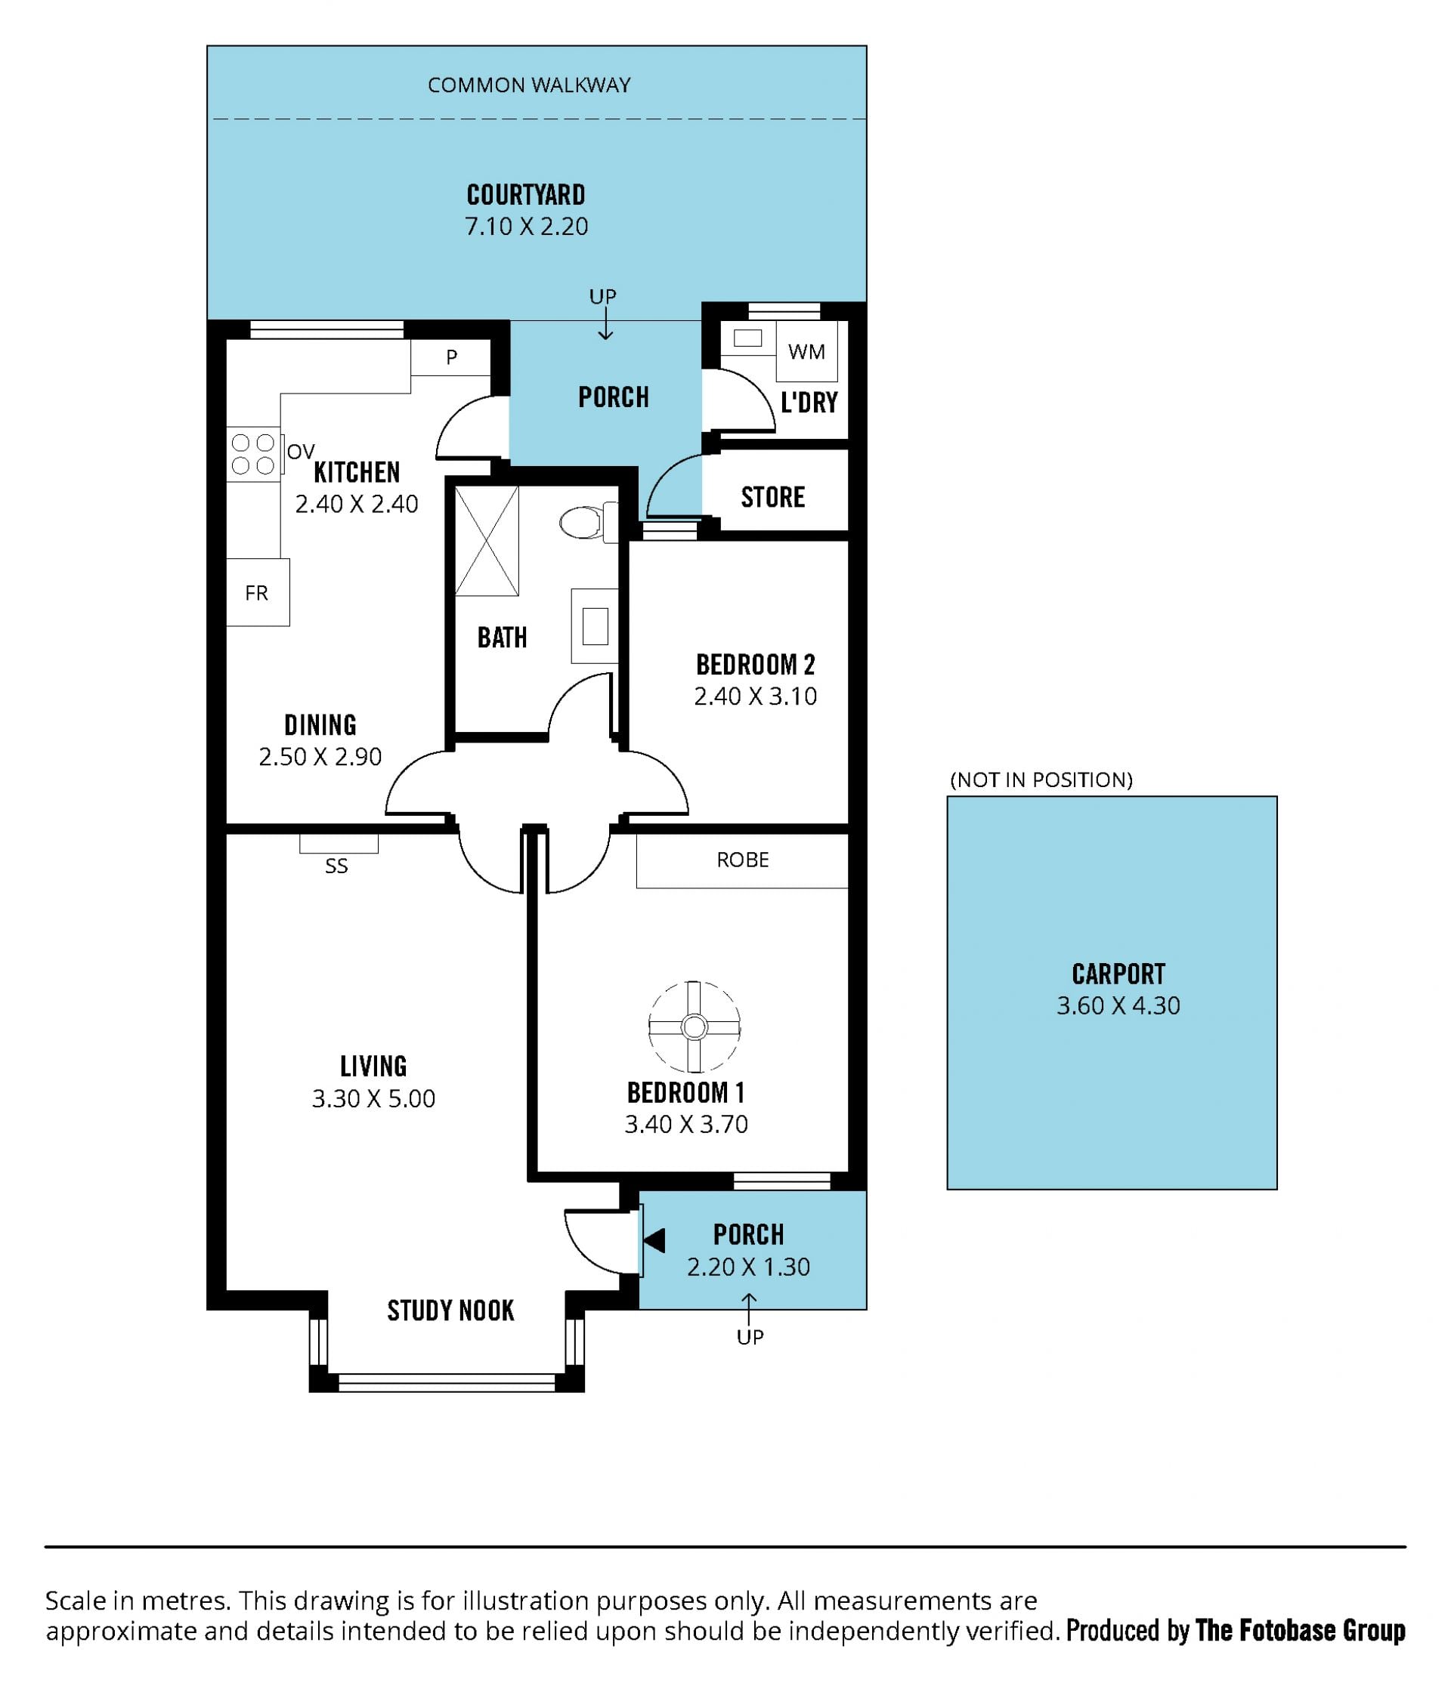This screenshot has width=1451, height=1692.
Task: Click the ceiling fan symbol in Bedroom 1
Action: tap(694, 1027)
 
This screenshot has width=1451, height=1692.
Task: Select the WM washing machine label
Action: tap(806, 352)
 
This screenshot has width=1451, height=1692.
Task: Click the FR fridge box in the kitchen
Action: tap(258, 592)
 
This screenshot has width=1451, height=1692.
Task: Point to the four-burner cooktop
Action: tap(253, 454)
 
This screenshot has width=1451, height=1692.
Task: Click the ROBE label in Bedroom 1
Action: tap(743, 860)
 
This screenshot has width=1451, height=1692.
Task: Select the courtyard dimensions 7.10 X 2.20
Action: tap(526, 226)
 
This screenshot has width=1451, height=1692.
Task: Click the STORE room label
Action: tap(773, 497)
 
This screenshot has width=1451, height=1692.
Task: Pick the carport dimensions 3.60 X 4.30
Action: tap(1118, 1005)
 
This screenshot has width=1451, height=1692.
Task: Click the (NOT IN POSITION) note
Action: tap(1041, 780)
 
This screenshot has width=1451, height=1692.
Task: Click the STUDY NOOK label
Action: tap(451, 1311)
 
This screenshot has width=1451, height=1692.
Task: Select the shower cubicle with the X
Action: tap(487, 541)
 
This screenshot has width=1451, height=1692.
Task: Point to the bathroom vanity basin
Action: tap(595, 626)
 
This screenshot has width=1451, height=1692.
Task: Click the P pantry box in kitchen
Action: tap(450, 357)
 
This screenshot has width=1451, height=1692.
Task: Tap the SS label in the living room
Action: tap(336, 866)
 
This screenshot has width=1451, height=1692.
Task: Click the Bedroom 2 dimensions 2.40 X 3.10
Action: tap(756, 696)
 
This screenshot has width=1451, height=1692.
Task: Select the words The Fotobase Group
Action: tap(1300, 1631)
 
